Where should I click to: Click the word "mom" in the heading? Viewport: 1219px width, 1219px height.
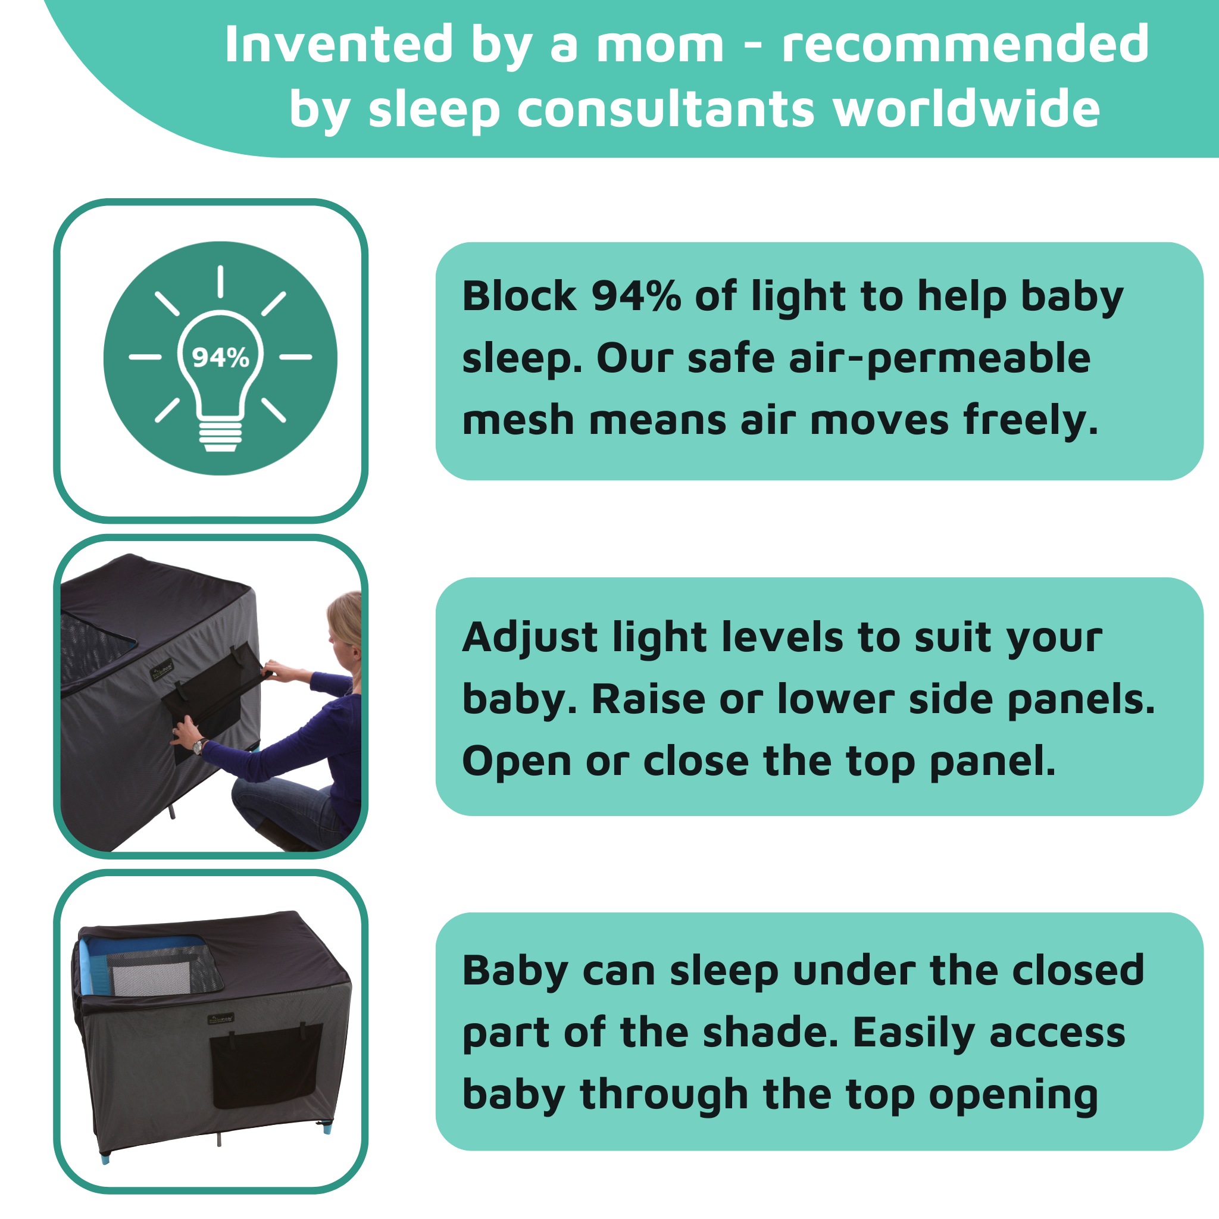click(x=660, y=46)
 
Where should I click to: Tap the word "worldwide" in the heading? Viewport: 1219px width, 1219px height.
click(x=966, y=108)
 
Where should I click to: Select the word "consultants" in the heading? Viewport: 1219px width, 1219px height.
click(x=666, y=109)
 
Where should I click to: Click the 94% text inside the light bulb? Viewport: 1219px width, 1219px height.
click(x=220, y=358)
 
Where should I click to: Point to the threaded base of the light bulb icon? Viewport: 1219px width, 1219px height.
click(x=220, y=435)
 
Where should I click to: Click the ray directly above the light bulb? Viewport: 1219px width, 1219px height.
click(x=220, y=282)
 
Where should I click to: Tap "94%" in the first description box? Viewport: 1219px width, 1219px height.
click(x=636, y=296)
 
